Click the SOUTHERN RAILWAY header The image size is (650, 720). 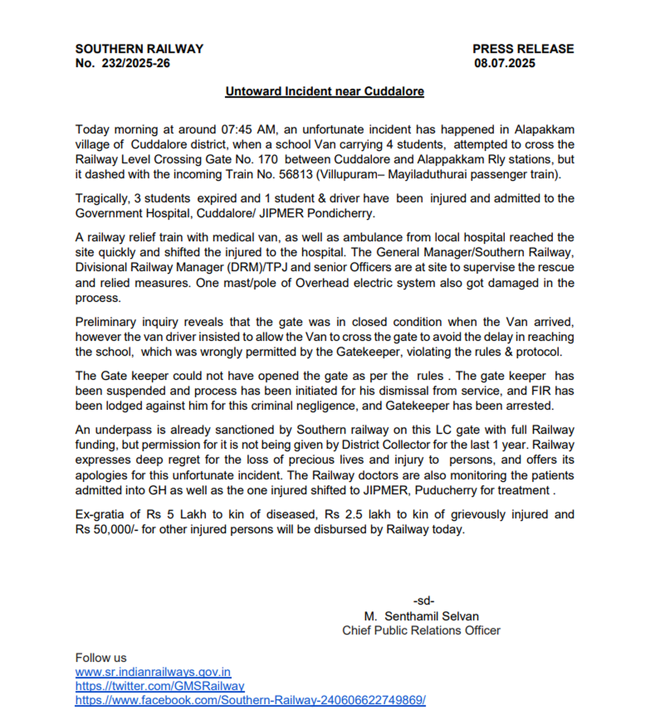[139, 49]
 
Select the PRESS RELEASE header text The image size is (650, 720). [523, 49]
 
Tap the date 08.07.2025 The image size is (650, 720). [504, 63]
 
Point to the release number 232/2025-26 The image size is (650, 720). [136, 63]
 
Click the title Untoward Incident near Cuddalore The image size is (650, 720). [324, 91]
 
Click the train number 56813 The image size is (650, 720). [296, 175]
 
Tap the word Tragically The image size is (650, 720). [102, 199]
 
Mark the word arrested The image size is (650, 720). [529, 406]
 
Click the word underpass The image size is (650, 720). [124, 430]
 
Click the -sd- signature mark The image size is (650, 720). [424, 601]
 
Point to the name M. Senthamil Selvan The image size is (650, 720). [421, 616]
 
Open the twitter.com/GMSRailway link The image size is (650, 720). [160, 686]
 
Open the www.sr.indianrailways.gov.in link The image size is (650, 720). [153, 672]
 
